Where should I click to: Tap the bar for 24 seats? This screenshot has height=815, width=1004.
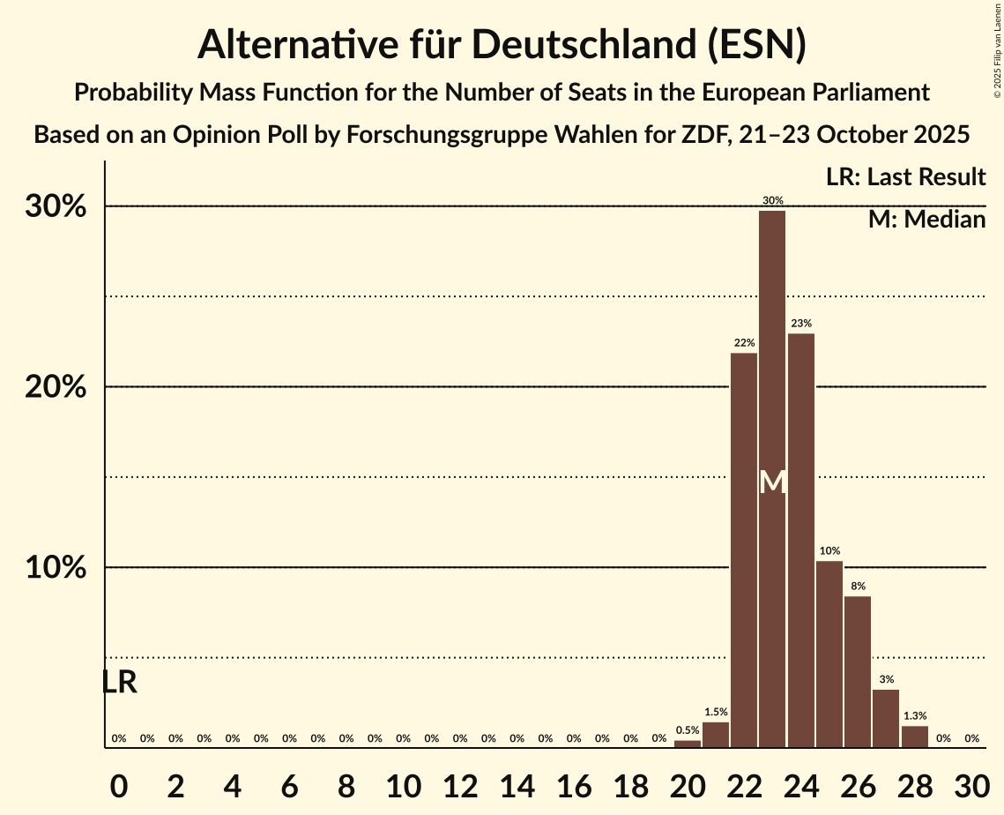click(x=801, y=540)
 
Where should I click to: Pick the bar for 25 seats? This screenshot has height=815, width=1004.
click(x=829, y=654)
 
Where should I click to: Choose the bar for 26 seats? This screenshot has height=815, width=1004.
click(x=858, y=671)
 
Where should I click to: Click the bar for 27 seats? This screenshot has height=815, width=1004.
click(x=886, y=718)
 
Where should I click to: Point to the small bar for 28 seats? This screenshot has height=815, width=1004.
click(x=914, y=736)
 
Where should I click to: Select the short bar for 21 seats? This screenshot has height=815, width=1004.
click(x=716, y=735)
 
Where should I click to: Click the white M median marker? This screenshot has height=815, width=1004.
click(x=772, y=482)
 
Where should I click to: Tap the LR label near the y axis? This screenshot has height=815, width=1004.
click(x=119, y=682)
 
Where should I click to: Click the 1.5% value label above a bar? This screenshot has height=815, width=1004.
click(x=716, y=712)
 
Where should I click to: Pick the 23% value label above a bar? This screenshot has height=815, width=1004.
click(x=801, y=324)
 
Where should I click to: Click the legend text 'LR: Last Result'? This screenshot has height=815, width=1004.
click(x=905, y=177)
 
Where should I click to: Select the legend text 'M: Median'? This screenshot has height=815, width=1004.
click(x=926, y=219)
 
